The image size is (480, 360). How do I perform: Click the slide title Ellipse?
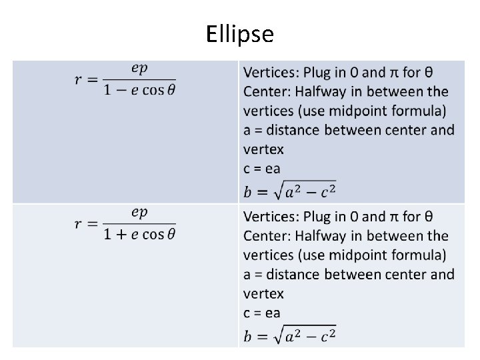[240, 33]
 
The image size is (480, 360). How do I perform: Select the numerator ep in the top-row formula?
[139, 68]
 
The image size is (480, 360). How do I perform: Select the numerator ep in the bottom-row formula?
[139, 213]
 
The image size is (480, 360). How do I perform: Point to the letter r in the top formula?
[79, 80]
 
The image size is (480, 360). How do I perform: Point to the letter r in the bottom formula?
[79, 225]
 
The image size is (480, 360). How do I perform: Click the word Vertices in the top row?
[270, 71]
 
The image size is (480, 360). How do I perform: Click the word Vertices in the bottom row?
[270, 216]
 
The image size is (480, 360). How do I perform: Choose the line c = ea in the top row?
[261, 169]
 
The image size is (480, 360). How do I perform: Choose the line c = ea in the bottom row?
[261, 313]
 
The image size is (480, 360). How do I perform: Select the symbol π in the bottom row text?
[394, 216]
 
